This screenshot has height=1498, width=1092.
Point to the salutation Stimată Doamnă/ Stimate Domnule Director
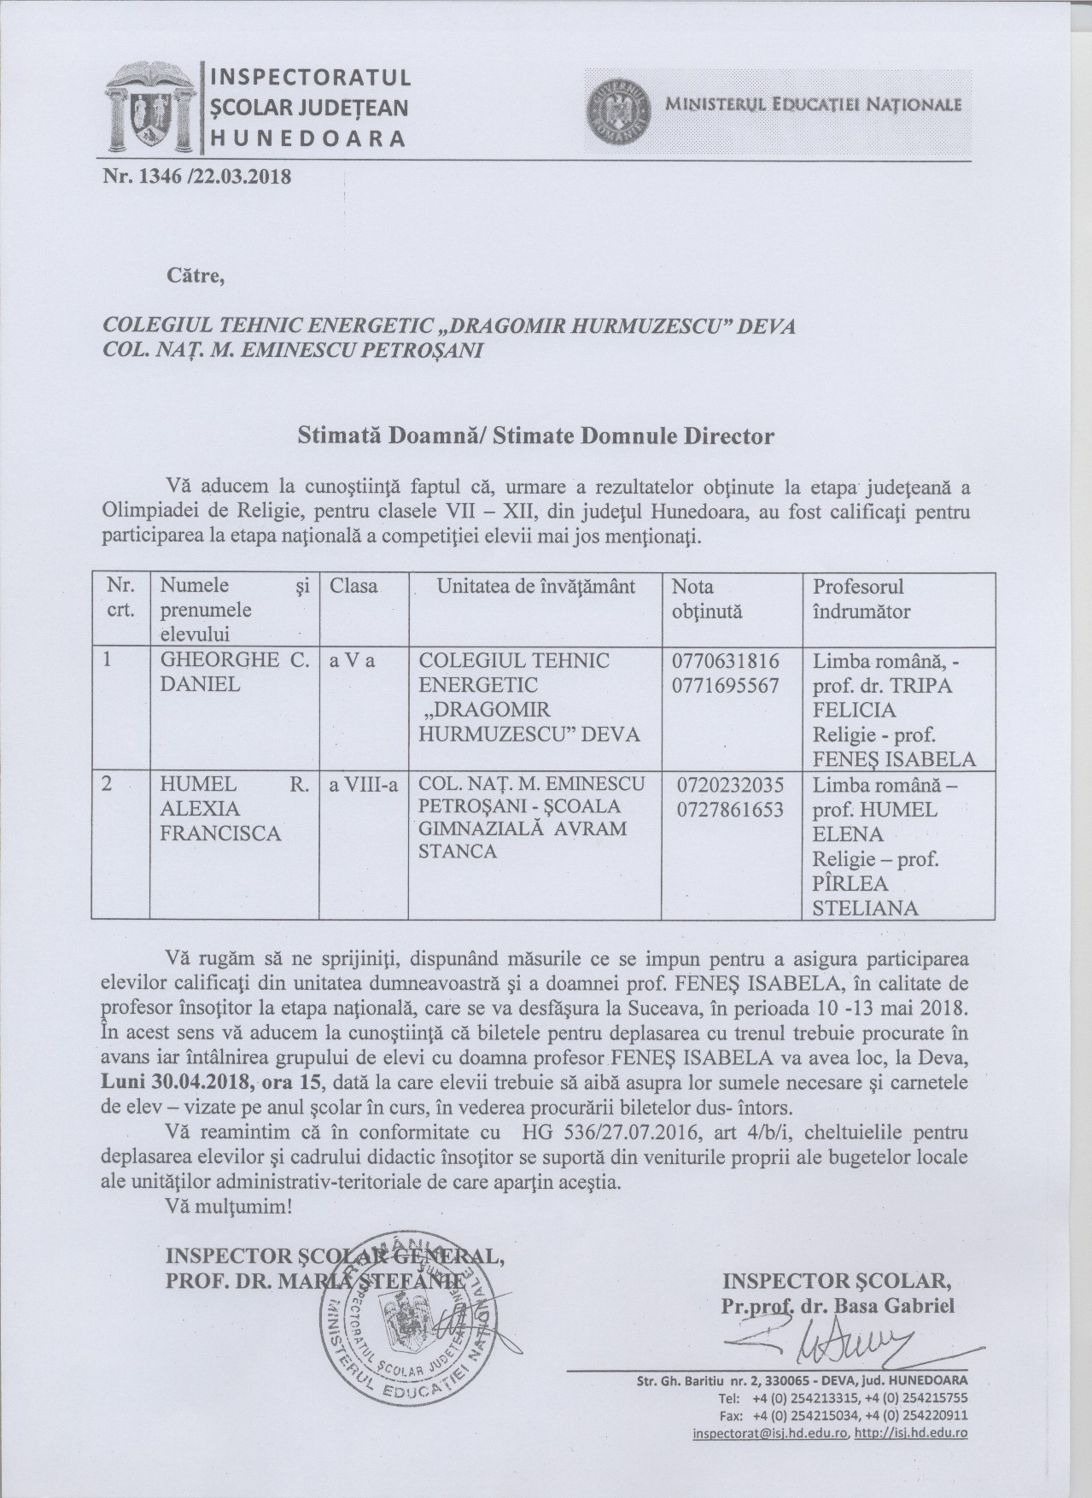pyautogui.click(x=536, y=436)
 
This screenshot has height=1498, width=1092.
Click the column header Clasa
pyautogui.click(x=353, y=587)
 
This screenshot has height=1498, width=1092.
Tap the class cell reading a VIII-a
pyautogui.click(x=364, y=785)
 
